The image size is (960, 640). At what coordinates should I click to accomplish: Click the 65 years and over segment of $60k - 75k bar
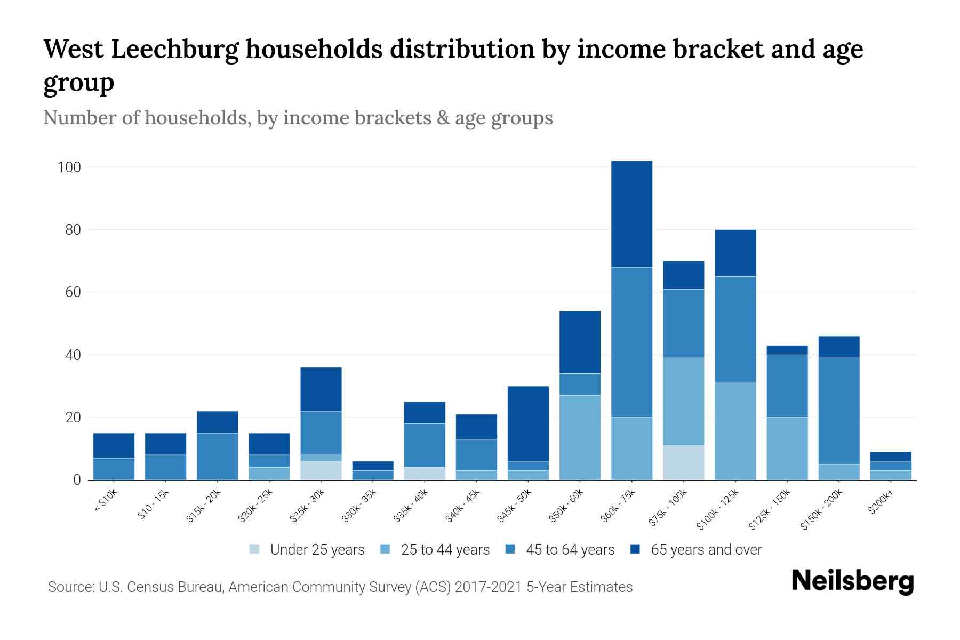pos(631,213)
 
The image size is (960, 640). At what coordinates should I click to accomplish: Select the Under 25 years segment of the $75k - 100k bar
pos(683,462)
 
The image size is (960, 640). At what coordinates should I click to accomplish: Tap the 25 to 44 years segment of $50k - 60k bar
pos(580,437)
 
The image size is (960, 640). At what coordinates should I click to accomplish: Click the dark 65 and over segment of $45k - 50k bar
pos(528,423)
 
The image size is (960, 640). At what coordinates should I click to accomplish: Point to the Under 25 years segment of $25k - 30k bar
pos(321,470)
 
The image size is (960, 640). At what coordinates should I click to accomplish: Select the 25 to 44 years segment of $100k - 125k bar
pos(735,431)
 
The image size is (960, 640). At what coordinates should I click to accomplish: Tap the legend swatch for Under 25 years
pos(255,549)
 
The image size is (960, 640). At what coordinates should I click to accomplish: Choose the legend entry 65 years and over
pos(706,549)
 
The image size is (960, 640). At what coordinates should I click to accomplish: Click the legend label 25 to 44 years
pos(445,549)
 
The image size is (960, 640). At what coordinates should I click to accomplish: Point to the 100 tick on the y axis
pos(69,167)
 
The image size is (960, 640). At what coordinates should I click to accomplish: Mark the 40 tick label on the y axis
pos(73,355)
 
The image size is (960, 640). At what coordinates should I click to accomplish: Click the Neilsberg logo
pos(852,581)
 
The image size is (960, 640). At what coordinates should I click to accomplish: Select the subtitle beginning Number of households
pos(298,118)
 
